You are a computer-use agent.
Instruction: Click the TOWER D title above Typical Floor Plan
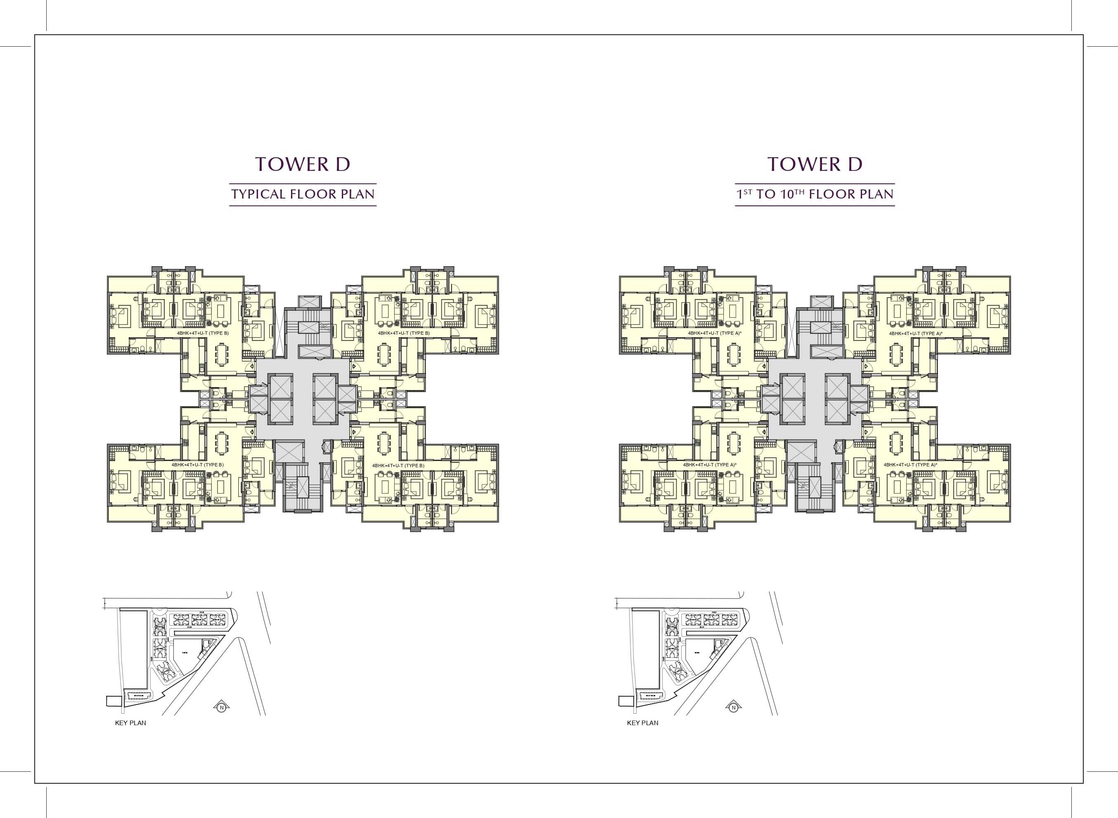303,164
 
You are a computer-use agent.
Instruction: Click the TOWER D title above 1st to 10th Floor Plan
815,164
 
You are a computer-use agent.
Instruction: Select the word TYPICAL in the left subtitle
258,194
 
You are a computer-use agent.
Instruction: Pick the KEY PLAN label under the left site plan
130,723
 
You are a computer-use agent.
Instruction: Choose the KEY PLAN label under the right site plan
642,723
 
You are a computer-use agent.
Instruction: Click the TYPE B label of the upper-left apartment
218,333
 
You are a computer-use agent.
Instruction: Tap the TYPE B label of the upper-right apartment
419,333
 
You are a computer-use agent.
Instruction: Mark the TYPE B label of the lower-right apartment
413,466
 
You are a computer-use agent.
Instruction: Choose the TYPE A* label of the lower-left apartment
725,465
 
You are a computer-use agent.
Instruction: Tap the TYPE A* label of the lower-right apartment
926,466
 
